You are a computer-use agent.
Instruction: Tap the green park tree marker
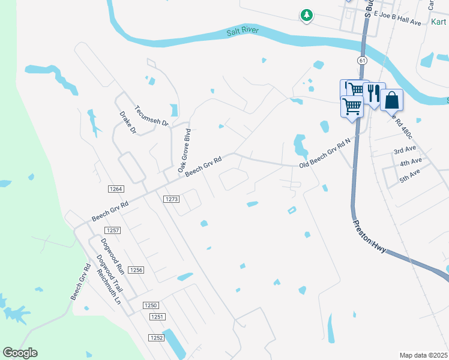click(307, 14)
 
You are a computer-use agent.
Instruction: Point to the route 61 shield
click(361, 61)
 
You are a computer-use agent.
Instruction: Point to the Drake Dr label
click(128, 122)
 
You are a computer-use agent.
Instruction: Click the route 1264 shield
click(116, 189)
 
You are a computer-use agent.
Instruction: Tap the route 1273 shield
click(172, 199)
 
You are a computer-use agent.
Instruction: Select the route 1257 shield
click(113, 230)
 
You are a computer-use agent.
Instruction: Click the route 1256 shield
click(136, 270)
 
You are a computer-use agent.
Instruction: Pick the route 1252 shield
click(156, 338)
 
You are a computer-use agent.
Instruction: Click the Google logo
click(20, 353)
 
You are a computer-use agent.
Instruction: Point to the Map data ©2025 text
click(423, 355)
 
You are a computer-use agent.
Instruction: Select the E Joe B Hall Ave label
click(397, 20)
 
